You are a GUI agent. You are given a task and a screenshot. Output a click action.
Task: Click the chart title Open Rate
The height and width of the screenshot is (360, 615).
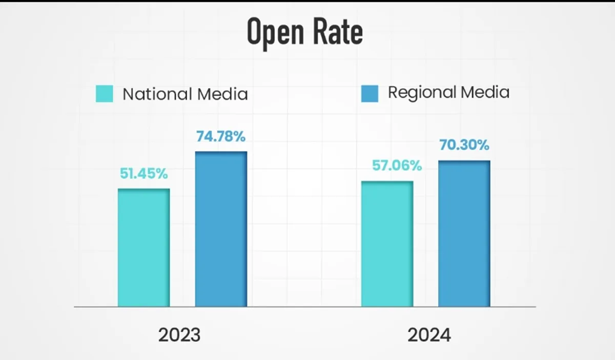305,32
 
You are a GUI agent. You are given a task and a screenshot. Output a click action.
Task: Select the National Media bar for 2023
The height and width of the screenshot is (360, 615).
143,248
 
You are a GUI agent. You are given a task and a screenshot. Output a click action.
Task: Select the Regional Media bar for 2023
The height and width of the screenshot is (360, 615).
221,229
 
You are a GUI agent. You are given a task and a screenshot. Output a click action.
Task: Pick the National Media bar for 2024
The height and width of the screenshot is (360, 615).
387,244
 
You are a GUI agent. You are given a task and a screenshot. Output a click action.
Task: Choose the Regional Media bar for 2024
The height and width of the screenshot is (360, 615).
464,234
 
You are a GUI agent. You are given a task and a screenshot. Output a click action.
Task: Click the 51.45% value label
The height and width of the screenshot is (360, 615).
144,174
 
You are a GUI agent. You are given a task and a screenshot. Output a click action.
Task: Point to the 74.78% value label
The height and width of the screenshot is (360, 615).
221,137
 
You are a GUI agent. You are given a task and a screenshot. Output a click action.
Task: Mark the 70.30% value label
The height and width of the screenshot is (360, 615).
464,145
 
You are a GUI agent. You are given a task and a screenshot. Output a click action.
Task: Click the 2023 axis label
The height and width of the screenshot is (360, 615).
179,335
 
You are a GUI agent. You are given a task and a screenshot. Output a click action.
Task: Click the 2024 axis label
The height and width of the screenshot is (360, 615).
429,335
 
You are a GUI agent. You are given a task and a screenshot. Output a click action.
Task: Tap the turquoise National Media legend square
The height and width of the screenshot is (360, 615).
105,94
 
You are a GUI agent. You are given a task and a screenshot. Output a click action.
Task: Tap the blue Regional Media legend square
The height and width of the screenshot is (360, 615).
370,93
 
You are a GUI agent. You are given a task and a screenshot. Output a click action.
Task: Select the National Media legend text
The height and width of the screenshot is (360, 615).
185,94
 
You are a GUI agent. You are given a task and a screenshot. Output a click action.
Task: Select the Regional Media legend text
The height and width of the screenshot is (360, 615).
448,92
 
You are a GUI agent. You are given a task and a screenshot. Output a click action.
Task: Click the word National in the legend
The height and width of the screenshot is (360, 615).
152,94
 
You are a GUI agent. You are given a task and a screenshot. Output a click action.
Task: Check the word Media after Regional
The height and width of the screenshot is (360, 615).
484,92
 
